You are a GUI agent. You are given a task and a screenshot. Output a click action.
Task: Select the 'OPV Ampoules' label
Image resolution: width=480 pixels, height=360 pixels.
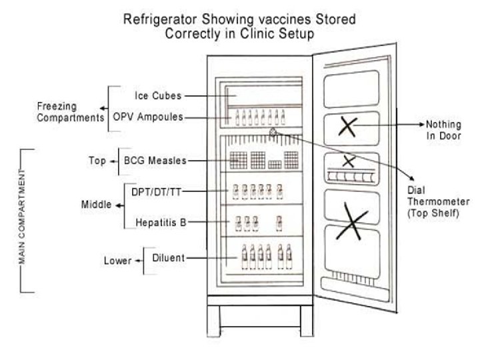[153, 117]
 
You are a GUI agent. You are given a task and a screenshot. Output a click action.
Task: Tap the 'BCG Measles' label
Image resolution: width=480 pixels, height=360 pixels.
[155, 161]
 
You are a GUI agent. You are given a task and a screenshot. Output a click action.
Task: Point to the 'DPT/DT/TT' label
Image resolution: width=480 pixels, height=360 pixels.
[156, 191]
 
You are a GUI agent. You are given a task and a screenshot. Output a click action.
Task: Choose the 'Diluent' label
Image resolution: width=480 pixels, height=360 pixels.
[167, 258]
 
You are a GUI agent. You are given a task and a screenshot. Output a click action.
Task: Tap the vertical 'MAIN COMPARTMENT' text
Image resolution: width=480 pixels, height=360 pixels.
[23, 219]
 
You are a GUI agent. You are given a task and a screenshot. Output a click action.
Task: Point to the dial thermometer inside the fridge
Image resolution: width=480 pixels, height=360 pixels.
[273, 133]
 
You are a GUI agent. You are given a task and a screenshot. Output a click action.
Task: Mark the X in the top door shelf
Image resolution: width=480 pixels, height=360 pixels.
[347, 126]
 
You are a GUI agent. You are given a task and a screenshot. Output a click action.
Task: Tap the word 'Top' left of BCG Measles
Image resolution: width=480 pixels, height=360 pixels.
[97, 161]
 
